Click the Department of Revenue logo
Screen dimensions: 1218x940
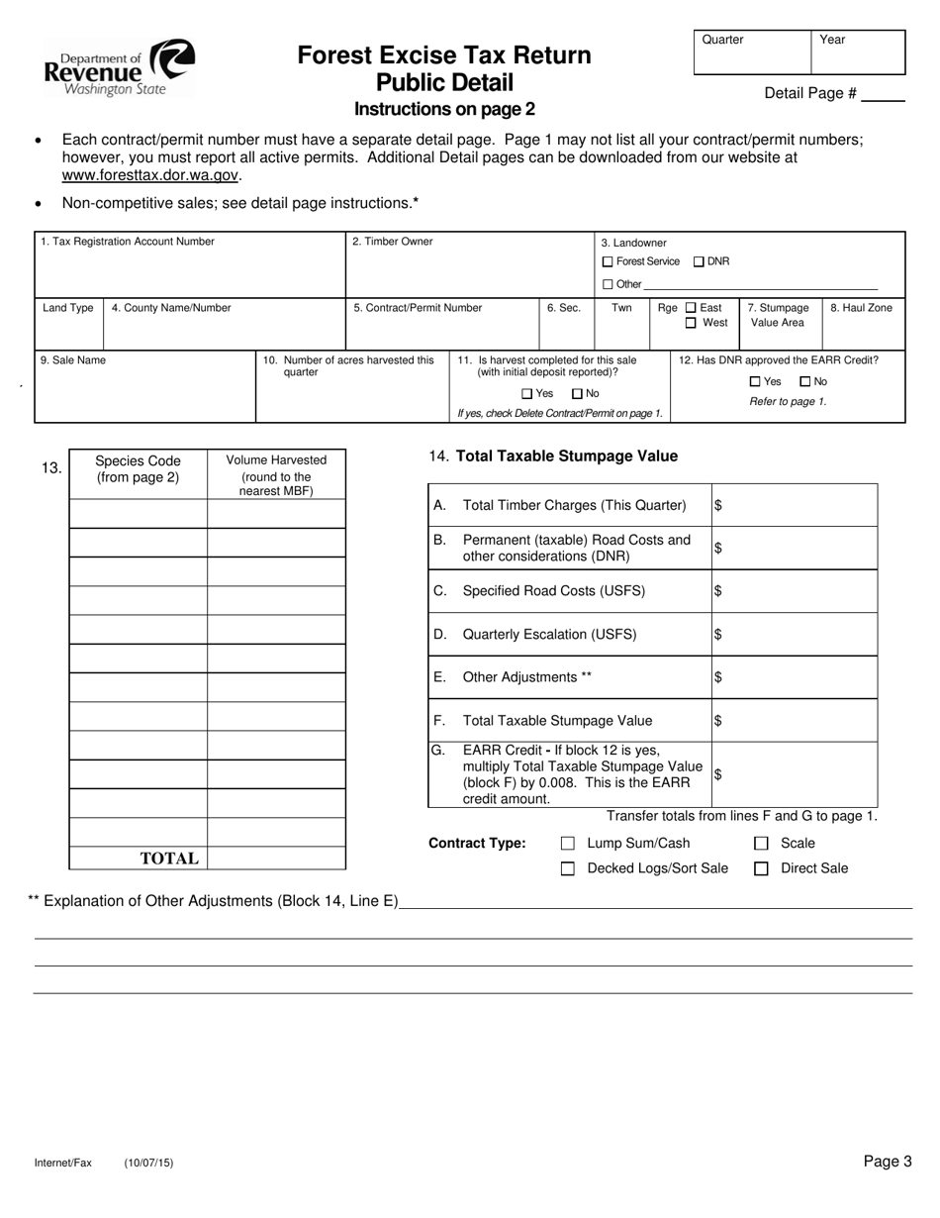click(119, 67)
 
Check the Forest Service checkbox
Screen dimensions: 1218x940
click(608, 261)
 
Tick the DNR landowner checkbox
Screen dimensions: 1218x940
click(699, 261)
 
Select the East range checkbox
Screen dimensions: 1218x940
click(691, 308)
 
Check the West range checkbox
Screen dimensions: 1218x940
click(691, 323)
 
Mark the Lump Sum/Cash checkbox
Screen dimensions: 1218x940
click(568, 844)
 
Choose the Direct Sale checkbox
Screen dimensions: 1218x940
click(761, 868)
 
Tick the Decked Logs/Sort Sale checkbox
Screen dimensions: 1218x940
click(568, 868)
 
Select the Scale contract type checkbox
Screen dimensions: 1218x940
click(761, 844)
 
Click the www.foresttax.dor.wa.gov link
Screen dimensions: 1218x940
click(150, 175)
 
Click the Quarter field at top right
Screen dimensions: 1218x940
click(752, 53)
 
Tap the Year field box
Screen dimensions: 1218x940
click(858, 53)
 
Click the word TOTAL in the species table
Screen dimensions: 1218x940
click(169, 859)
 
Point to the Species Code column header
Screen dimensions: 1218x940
click(139, 468)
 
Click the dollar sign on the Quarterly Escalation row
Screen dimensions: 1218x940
click(718, 635)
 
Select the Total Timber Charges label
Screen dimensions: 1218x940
click(574, 505)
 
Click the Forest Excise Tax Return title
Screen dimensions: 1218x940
click(444, 55)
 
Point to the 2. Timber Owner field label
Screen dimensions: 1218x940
click(393, 242)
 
